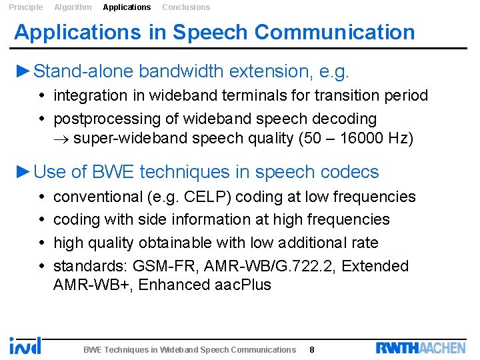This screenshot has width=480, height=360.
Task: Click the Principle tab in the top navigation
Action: pos(25,7)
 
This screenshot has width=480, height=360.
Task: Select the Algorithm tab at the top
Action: pos(73,7)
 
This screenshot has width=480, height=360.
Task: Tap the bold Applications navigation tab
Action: pos(127,7)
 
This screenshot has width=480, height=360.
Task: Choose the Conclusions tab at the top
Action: pos(186,7)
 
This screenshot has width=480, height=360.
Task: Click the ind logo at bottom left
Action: pos(25,345)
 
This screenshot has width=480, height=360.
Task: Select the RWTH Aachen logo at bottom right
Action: pos(421,347)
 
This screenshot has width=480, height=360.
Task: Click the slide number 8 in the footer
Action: pos(312,349)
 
